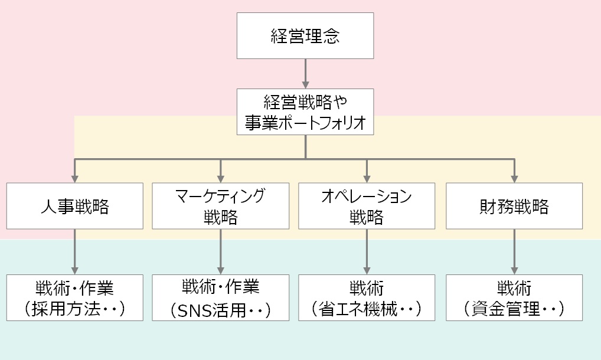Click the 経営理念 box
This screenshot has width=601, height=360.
point(305,35)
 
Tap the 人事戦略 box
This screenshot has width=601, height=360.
point(75,206)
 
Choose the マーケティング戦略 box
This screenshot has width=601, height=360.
point(221,206)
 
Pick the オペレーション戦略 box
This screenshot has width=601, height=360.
point(367,206)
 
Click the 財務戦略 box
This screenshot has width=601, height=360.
point(514,206)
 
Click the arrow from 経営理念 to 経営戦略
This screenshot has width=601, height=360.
point(305,73)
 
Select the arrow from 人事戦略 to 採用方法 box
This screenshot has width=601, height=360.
point(75,251)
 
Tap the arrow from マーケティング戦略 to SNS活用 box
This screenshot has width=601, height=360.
point(221,251)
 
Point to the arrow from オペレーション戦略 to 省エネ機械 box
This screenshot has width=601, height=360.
point(367,251)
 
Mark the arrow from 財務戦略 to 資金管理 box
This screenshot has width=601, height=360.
point(514,251)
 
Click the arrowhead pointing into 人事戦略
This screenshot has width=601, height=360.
point(75,178)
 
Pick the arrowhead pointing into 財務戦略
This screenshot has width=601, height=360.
point(514,178)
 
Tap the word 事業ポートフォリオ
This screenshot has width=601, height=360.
point(305,123)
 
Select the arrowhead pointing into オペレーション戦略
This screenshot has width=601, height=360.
point(367,178)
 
